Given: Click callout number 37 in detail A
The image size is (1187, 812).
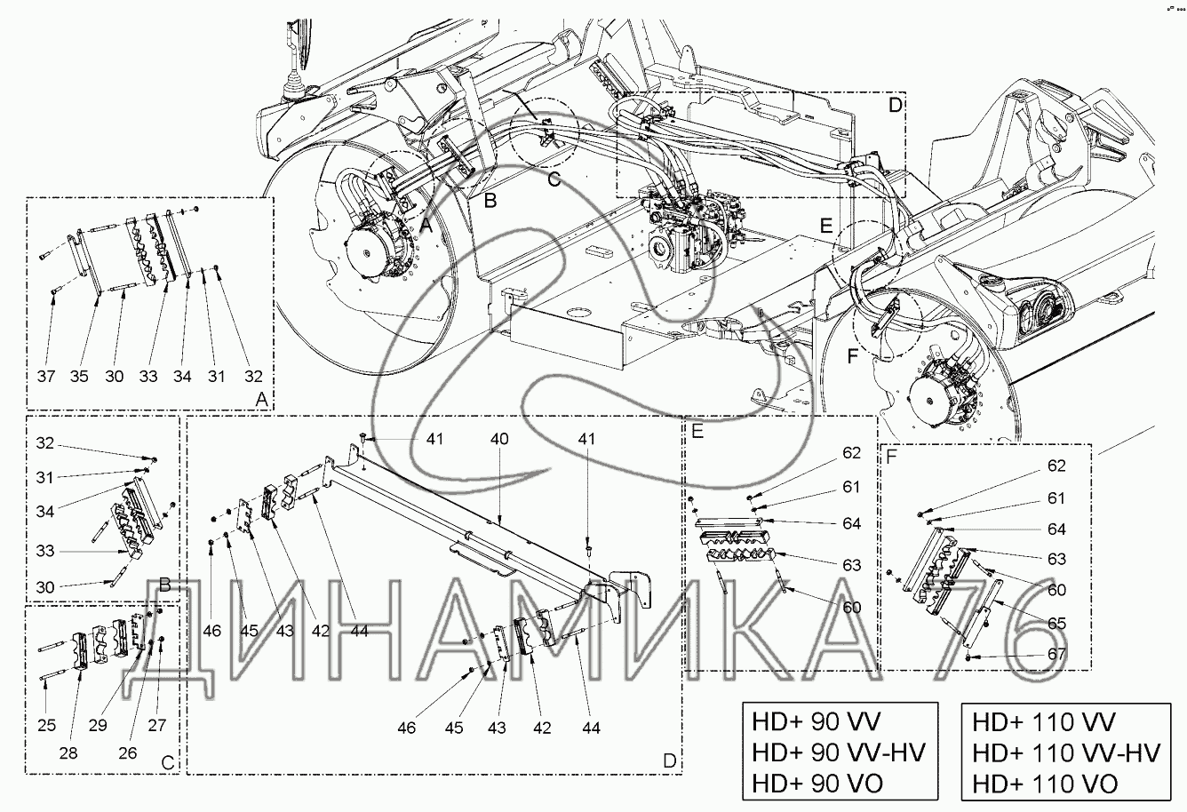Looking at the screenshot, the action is point(46,377).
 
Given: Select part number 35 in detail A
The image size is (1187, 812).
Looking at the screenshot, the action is point(79,377).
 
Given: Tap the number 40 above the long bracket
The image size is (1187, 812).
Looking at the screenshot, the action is point(499,439).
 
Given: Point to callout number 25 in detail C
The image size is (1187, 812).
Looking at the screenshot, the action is point(46,725).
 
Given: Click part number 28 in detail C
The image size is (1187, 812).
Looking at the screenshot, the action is point(68,753).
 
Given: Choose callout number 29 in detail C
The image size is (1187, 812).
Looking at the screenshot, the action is point(98,725).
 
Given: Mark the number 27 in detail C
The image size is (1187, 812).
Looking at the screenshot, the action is point(157,725).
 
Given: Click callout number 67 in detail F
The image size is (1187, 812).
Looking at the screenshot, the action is point(1056,654).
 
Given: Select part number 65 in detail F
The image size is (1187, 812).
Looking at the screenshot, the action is point(1056,624).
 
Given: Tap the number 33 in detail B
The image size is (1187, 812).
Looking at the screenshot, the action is point(45,551).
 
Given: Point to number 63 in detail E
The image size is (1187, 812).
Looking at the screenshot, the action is point(851,565).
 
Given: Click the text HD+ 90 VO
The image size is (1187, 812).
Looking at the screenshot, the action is point(817,784).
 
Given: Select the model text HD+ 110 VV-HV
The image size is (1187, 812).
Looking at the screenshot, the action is point(1066,752).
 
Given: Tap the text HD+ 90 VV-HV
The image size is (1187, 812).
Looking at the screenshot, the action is point(839,752).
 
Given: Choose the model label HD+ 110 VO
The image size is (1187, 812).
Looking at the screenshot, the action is point(1045,784).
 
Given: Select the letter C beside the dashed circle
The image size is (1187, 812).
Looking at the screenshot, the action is point(554,179).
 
